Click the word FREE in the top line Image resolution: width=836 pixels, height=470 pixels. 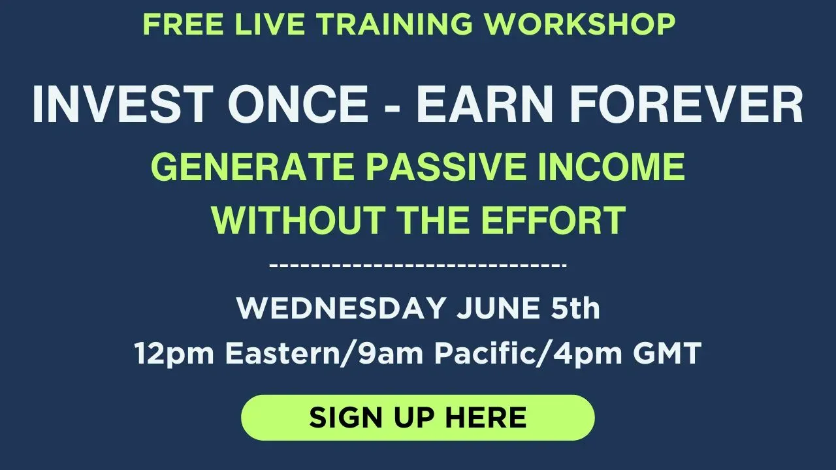pos(184,24)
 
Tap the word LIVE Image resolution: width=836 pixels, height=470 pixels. pos(270,24)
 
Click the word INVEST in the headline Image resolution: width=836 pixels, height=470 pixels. pos(123,104)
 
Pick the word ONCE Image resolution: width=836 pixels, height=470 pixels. pos(298,104)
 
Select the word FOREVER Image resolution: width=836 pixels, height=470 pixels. pos(686,104)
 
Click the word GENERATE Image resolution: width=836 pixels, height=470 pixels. pos(252,166)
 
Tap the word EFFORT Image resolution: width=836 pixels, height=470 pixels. pos(553,220)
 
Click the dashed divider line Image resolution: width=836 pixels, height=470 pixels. pos(418,265)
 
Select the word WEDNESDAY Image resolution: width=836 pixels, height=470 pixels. pos(341,308)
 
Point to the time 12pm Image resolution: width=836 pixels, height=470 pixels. pos(174,354)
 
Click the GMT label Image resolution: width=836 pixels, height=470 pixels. pos(667,353)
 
